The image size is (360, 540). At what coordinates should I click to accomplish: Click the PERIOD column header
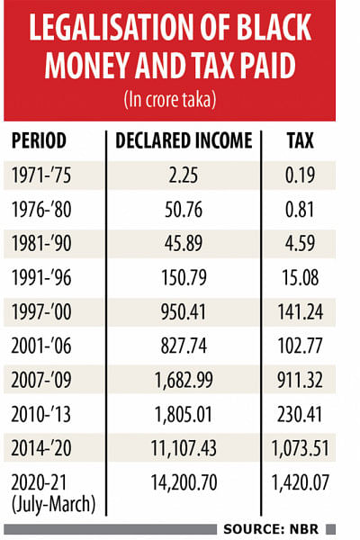pos(39,140)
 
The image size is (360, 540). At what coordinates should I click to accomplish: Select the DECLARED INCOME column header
pos(184,140)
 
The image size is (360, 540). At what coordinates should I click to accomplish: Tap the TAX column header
pos(300,140)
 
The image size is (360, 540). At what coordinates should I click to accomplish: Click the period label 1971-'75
pos(41,175)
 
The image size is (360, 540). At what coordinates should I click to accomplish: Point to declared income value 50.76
pos(184,209)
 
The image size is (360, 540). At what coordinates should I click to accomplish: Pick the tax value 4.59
pos(300,243)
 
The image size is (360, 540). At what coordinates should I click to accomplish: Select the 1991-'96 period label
pos(41,277)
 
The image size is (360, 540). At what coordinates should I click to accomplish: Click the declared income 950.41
pos(184,311)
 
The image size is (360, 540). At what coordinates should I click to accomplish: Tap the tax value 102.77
pos(300,346)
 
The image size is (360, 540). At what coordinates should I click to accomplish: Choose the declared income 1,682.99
pos(184,380)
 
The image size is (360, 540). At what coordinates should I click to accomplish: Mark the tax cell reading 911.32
pos(300,380)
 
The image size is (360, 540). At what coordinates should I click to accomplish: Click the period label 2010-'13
pos(41,414)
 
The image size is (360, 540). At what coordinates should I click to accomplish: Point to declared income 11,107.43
pos(184,448)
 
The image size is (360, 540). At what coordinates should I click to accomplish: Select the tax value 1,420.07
pos(300,482)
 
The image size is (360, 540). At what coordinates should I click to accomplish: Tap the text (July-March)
pos(53,505)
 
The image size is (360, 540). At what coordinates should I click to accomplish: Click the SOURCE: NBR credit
pos(271,529)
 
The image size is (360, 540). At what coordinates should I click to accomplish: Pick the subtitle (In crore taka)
pos(170,100)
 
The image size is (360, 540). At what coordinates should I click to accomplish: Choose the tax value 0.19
pos(300,175)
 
